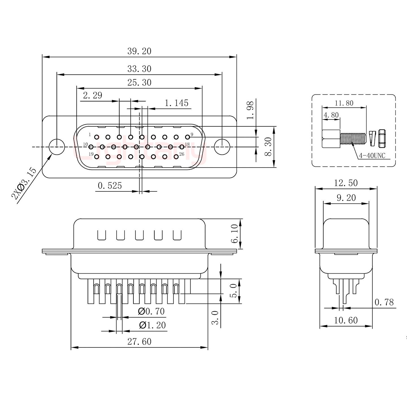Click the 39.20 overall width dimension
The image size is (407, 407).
139,51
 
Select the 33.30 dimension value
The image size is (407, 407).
139,69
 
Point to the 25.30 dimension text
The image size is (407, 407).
139,83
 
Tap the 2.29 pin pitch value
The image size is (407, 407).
92,95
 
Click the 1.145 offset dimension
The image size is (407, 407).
176,103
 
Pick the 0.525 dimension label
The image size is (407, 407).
110,186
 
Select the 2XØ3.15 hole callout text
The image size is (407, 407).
24,183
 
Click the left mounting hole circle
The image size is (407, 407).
57,147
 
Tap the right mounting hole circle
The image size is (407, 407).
222,147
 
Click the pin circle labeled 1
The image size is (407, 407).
97,137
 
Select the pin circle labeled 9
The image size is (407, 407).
187,137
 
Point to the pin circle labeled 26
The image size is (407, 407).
176,157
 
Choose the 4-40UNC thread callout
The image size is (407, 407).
372,156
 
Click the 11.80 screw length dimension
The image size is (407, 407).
344,103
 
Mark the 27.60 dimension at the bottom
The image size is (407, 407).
139,342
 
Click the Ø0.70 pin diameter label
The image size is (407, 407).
151,311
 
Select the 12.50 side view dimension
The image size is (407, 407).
346,183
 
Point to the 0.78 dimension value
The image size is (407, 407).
384,302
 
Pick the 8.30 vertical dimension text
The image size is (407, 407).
268,147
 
